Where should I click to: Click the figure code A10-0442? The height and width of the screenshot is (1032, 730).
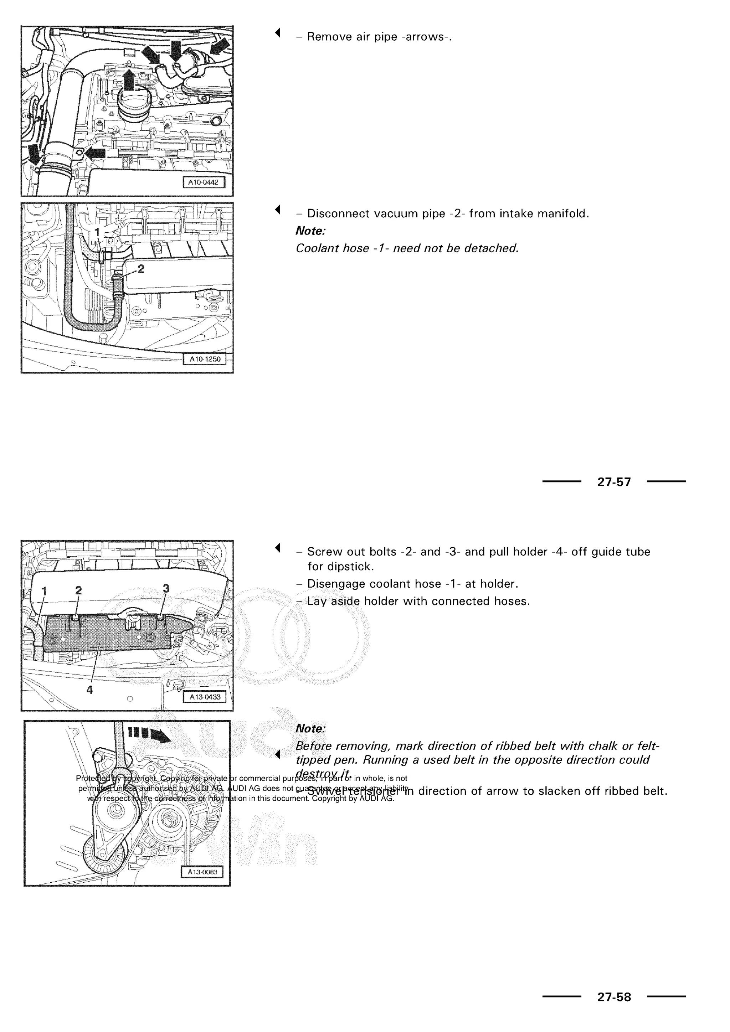click(x=203, y=182)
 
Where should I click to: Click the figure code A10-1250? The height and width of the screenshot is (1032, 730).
click(x=205, y=359)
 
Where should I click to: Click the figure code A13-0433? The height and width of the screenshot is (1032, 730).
click(x=205, y=697)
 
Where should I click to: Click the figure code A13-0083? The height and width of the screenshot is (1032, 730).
click(x=202, y=872)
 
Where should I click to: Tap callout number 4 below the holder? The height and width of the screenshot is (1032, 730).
click(x=89, y=690)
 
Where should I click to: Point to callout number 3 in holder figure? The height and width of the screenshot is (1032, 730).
click(x=166, y=588)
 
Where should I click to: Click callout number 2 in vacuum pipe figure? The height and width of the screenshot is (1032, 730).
click(x=141, y=269)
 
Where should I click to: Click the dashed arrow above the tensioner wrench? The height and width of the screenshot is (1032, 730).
click(x=149, y=734)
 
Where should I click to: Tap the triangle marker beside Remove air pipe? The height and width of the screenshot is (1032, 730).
click(x=278, y=32)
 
